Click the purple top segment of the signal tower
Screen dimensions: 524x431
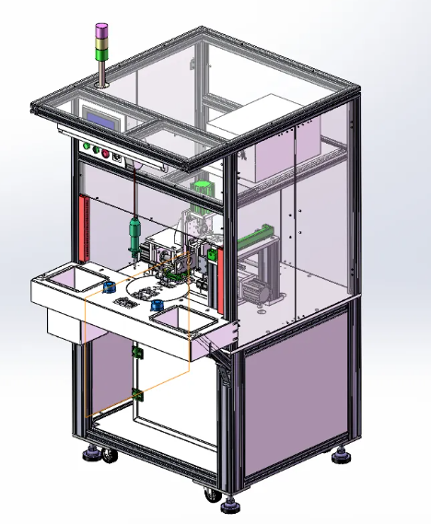point(100,30)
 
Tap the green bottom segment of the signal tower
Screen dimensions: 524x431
point(100,52)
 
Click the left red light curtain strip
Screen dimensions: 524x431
point(86,226)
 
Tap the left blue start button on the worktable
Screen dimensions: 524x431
point(109,287)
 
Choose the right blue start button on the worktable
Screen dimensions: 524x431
point(157,305)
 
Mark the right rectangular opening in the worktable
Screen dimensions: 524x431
point(181,318)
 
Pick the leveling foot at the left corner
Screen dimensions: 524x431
point(92,453)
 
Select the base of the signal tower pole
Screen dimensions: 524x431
point(100,86)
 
